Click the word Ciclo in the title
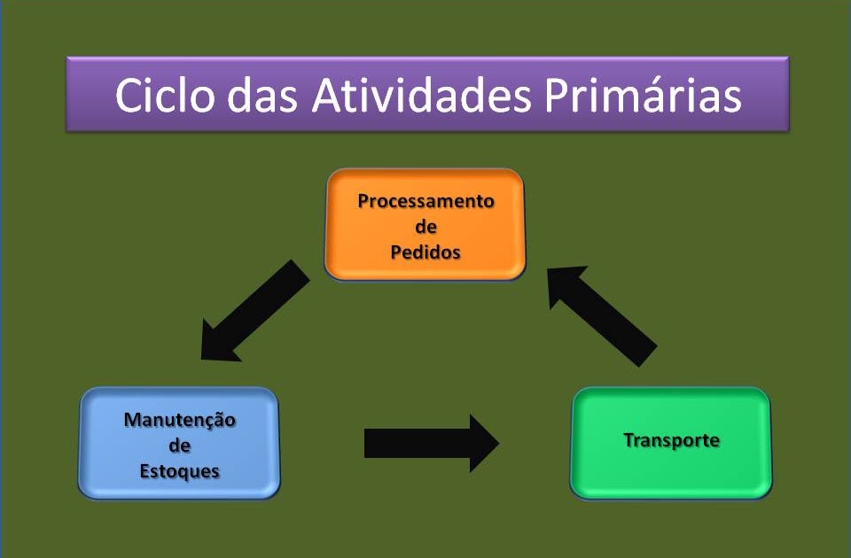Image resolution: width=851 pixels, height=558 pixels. pos(164,96)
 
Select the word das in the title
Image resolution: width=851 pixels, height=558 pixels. pos(264,96)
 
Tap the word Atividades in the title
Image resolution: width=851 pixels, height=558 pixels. pos(421,96)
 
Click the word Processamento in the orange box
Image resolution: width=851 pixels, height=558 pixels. pos(425,201)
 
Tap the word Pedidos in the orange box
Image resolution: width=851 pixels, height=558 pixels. pos(425,252)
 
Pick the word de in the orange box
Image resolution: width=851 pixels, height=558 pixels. pos(425,227)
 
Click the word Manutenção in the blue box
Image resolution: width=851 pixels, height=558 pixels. pos(179,420)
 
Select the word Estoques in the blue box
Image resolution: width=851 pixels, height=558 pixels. pos(179,470)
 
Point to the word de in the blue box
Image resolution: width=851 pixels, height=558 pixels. pos(179,446)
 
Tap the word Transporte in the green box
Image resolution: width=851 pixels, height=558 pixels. pos(671,440)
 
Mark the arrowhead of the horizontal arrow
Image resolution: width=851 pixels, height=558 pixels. pos(484,443)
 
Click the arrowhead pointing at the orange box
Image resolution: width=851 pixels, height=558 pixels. pos(566,288)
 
